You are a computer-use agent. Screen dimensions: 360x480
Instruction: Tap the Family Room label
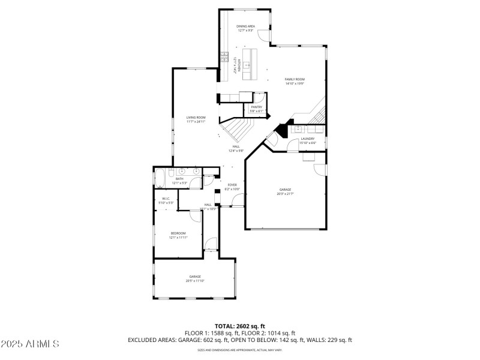click(295, 79)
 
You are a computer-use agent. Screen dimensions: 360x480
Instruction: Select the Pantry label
click(256, 107)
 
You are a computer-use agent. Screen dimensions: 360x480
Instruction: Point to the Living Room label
click(196, 118)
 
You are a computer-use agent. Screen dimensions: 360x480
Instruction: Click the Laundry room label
click(307, 139)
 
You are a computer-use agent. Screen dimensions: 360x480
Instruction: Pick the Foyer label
click(232, 185)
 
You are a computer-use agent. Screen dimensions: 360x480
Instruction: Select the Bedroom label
click(178, 233)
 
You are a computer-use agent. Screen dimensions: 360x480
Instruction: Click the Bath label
click(179, 179)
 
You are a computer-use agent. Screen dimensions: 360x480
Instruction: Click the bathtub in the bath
click(160, 178)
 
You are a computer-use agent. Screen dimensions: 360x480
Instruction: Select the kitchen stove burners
click(224, 58)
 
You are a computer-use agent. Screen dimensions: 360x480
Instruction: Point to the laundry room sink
click(298, 128)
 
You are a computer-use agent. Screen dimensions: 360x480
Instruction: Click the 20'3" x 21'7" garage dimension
click(284, 194)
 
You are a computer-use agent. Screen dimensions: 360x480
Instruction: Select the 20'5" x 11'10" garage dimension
click(195, 281)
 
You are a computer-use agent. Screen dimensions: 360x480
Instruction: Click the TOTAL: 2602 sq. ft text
click(239, 325)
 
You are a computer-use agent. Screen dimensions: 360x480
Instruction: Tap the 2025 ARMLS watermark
click(30, 344)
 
